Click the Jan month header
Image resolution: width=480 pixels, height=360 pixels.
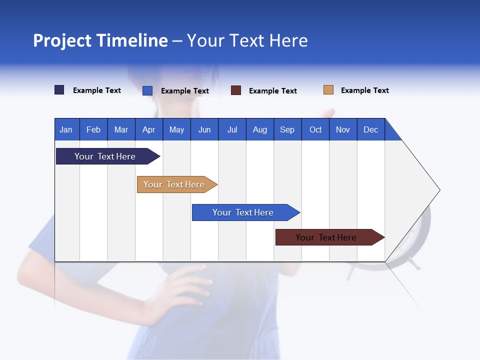coord(66,129)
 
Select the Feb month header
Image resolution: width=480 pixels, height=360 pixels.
coord(93,129)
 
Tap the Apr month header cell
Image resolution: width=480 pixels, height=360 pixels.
coord(149,129)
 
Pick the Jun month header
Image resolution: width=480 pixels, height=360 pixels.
coord(204,129)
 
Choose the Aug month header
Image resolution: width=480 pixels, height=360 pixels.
coord(260,129)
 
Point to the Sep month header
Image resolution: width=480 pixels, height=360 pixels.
coord(287,129)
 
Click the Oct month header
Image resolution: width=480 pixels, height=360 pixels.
coord(315,129)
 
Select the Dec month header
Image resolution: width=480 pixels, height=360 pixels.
coord(371,129)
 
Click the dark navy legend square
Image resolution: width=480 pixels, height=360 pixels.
coord(59,90)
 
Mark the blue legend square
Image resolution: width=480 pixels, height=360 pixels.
coord(147,90)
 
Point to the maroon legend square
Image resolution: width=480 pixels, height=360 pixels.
coord(236,90)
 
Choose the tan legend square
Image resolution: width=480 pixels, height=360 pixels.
coord(328,90)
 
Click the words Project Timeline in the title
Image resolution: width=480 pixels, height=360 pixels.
coord(100,40)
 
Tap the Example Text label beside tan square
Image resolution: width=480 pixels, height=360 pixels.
coord(364,90)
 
